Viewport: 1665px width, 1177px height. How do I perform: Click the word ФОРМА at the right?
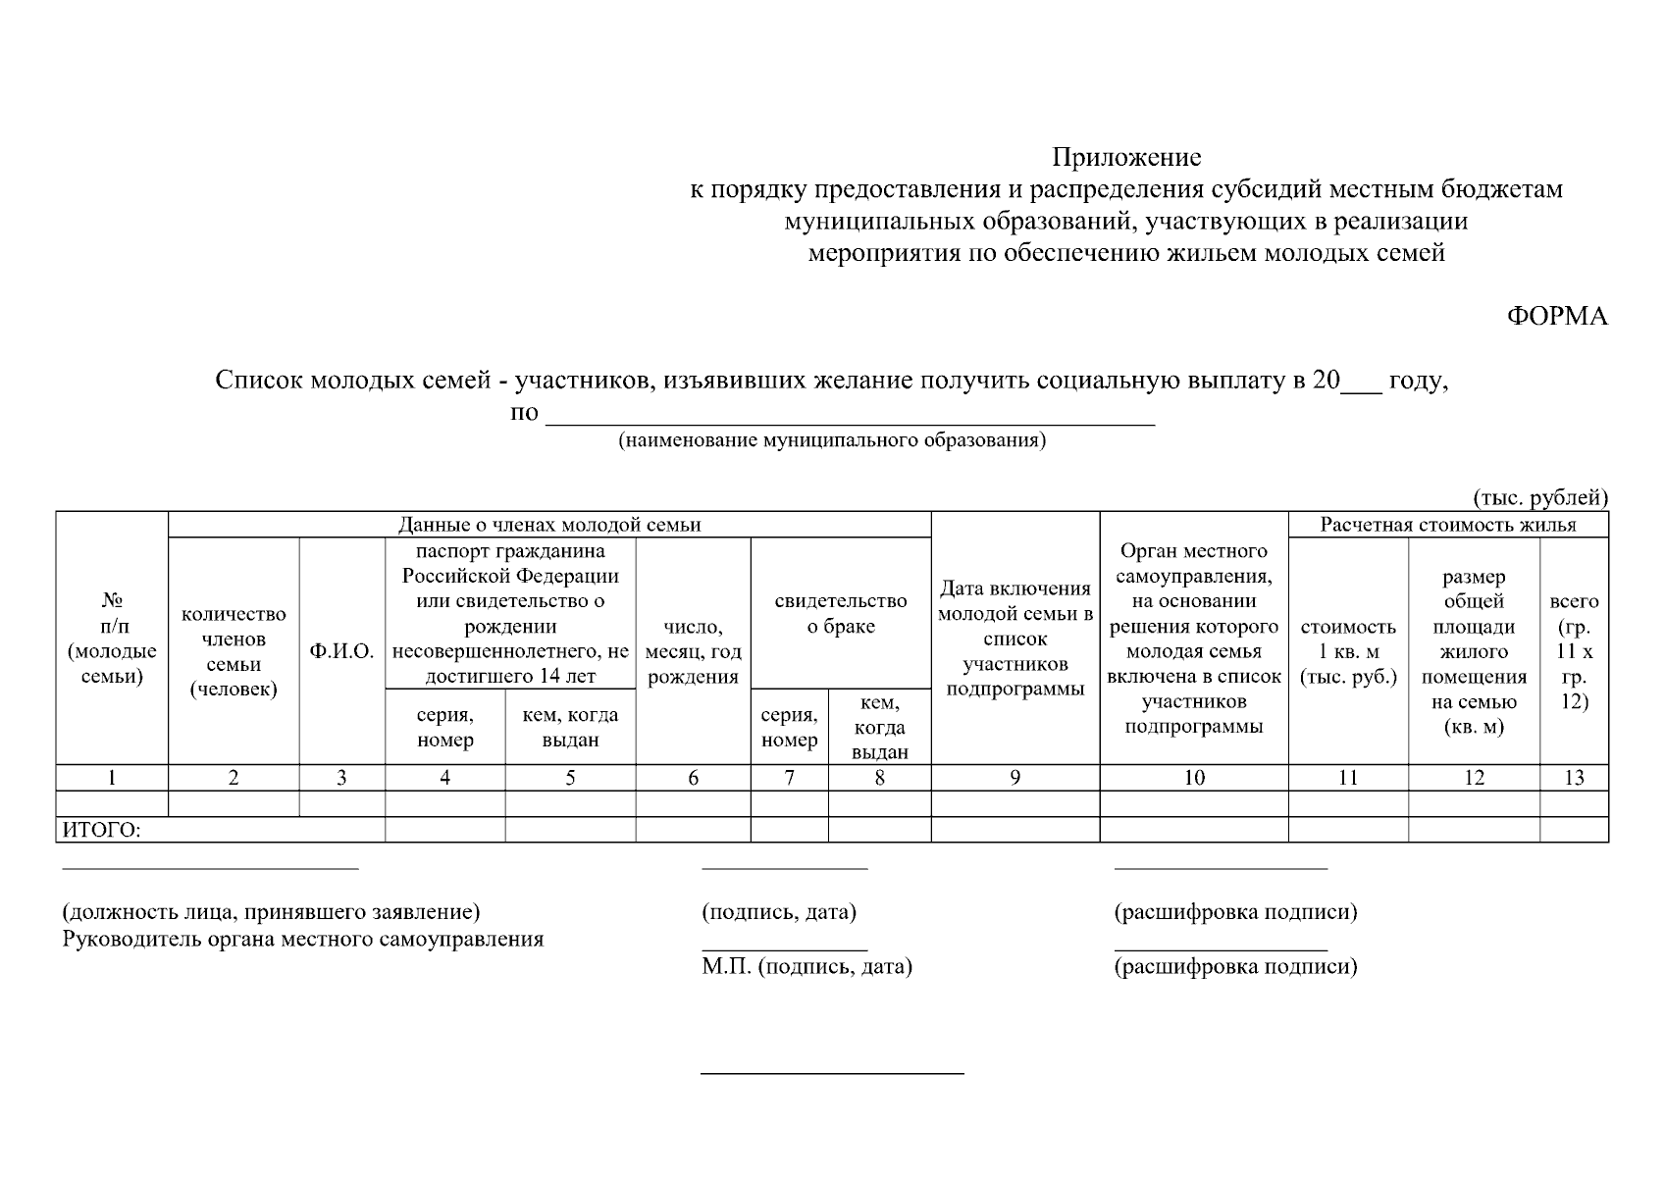(x=1557, y=316)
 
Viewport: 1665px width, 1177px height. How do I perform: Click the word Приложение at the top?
(x=1126, y=157)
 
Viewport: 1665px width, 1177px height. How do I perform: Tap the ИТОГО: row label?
(x=102, y=831)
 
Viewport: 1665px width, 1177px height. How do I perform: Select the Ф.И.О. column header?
(x=341, y=651)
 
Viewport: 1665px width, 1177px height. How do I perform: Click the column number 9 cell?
(x=1015, y=778)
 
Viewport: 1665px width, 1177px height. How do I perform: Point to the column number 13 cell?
(x=1574, y=778)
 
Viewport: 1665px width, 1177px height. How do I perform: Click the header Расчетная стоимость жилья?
(x=1447, y=525)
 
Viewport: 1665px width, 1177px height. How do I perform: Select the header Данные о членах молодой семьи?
(x=549, y=525)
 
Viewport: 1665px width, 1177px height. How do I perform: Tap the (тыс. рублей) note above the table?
(x=1540, y=497)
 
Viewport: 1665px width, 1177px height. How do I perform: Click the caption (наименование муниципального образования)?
(x=832, y=440)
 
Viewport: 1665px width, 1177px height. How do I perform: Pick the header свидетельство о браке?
(x=840, y=613)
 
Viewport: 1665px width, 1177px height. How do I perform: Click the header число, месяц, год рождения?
(x=693, y=651)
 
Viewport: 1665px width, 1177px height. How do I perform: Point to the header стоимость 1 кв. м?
(x=1348, y=651)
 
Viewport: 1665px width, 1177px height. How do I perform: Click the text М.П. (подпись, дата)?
(x=806, y=967)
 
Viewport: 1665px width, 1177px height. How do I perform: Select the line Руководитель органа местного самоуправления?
(x=303, y=940)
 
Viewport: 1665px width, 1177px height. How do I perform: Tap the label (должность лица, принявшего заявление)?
(x=272, y=912)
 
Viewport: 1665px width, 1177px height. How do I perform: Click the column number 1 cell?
(x=112, y=778)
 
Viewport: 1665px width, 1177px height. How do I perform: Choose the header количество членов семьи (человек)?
(x=234, y=651)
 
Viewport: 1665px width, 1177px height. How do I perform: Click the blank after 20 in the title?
(x=1361, y=383)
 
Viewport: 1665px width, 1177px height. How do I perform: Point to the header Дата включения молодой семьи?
(x=1015, y=638)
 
